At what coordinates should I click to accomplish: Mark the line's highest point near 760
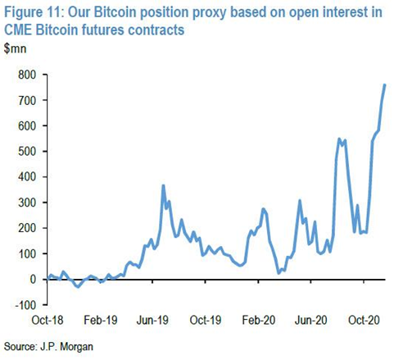pos(385,85)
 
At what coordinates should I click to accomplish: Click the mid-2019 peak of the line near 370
pos(163,185)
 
